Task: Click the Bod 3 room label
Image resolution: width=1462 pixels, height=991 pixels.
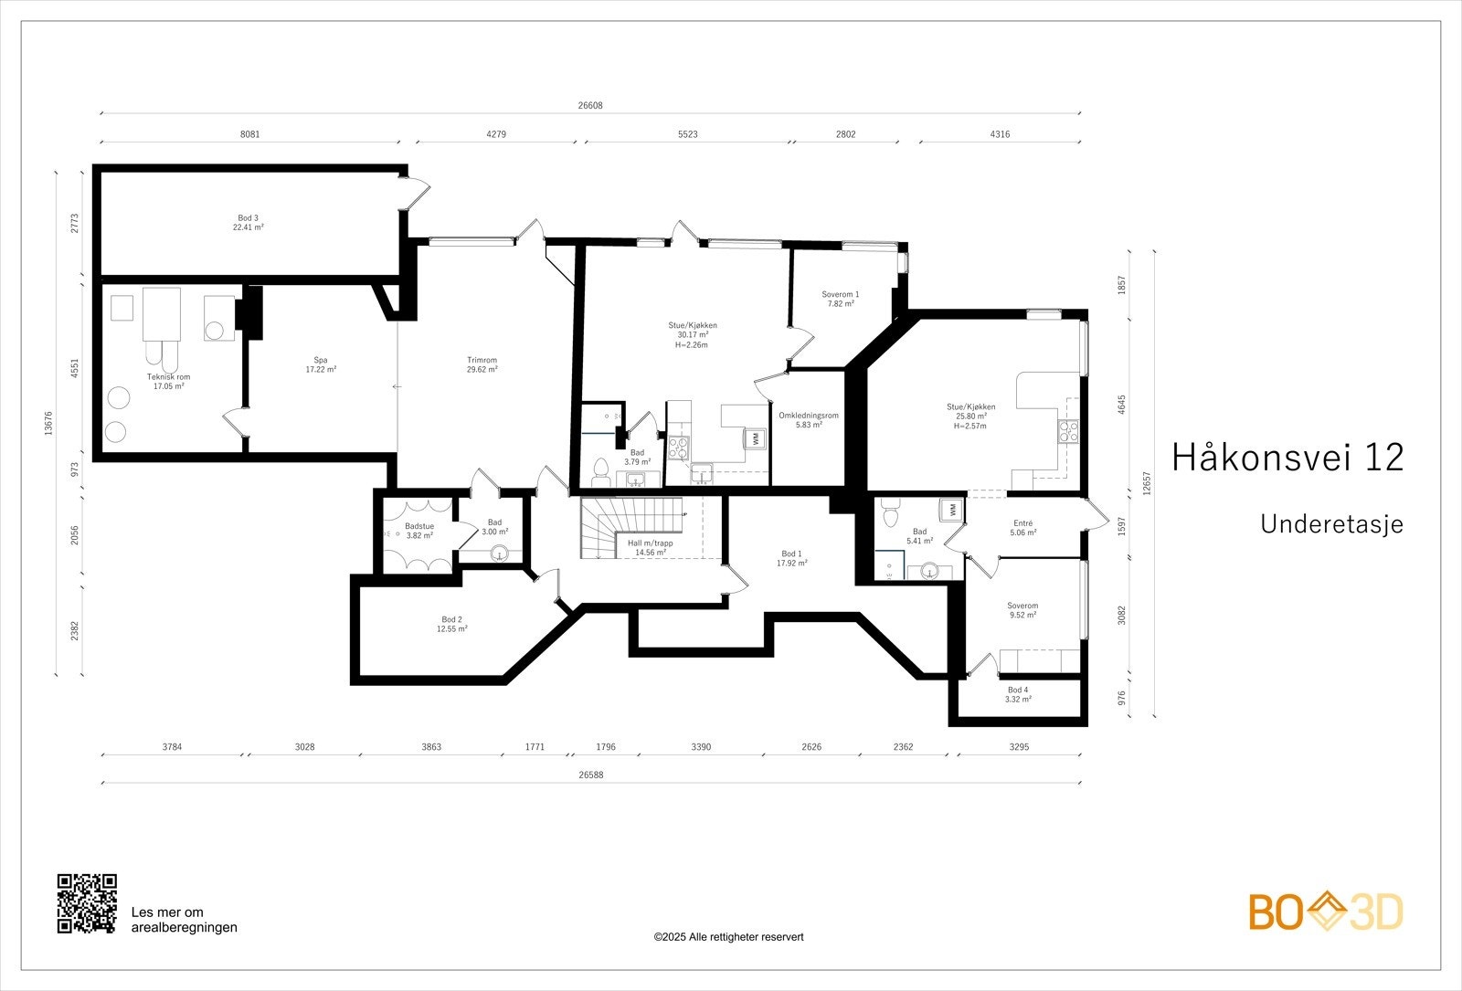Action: point(248,218)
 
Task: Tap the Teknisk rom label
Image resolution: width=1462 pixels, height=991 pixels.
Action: point(168,377)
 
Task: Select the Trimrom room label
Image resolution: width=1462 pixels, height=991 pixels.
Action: point(482,360)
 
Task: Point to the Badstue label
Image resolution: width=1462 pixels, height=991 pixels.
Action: point(419,526)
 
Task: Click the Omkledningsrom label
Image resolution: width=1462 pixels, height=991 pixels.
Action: point(808,416)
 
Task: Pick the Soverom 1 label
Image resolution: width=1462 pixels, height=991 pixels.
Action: point(840,295)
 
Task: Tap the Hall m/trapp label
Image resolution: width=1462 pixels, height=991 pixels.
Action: point(650,543)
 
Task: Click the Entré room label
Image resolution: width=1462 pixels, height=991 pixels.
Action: point(1022,523)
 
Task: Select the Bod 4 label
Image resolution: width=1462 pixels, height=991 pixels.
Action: point(1018,691)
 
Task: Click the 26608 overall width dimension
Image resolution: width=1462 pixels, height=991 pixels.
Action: point(590,106)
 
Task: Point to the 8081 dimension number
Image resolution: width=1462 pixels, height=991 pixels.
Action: point(250,134)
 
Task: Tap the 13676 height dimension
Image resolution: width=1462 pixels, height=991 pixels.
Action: point(48,424)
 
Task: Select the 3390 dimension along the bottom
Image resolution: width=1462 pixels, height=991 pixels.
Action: point(701,747)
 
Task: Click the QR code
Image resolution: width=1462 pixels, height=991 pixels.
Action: point(87,903)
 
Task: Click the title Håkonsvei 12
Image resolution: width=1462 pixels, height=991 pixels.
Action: point(1287,458)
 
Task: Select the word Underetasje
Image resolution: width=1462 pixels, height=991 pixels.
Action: point(1331,524)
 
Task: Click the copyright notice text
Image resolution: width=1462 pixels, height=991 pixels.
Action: point(728,937)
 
